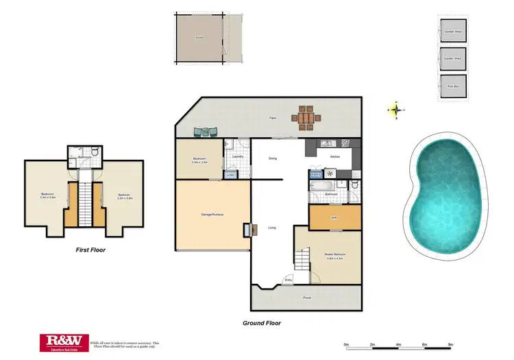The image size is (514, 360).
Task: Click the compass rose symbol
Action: tap(397, 109)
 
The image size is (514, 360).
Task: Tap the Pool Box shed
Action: tap(452, 86)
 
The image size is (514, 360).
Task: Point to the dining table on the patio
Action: tap(306, 118)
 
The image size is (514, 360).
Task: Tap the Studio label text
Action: tap(199, 38)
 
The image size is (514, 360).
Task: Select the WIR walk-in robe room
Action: tap(334, 218)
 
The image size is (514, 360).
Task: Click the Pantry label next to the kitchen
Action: tap(316, 175)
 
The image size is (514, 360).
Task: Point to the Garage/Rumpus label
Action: tap(213, 215)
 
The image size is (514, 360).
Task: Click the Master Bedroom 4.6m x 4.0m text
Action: tap(335, 256)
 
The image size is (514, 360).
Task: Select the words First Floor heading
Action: tap(90, 250)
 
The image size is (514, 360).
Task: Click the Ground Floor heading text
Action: tap(262, 323)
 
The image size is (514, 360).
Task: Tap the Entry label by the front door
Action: tap(288, 280)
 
